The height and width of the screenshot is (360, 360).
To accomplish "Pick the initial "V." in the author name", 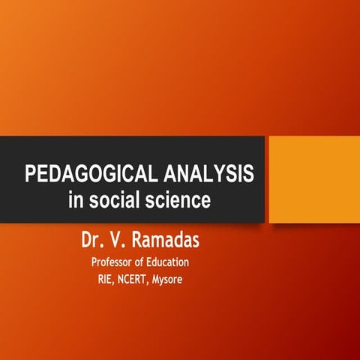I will coord(122,241).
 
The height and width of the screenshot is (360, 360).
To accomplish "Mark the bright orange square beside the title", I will coord(313,180).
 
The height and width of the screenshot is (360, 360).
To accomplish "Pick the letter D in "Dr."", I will coord(87,241).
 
